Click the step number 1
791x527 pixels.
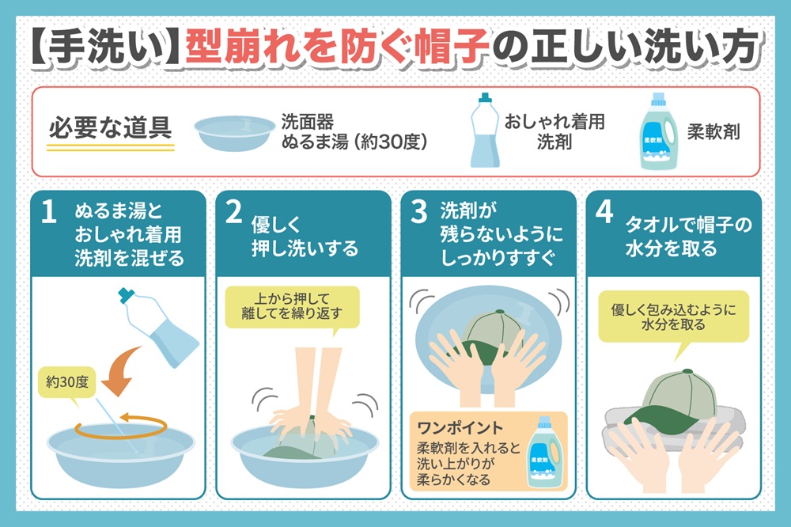click(48, 212)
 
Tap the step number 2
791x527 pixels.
click(233, 212)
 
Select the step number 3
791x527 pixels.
click(418, 212)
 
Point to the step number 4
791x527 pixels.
click(604, 212)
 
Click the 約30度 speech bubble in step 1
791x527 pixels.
click(66, 383)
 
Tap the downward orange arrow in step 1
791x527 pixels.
click(120, 371)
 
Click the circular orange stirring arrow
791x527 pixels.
click(121, 426)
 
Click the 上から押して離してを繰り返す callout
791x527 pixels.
click(292, 307)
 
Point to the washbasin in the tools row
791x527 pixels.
click(235, 133)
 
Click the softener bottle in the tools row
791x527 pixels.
click(659, 131)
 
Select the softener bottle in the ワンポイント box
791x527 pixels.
click(544, 453)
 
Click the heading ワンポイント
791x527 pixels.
click(460, 428)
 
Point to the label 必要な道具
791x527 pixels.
click(110, 127)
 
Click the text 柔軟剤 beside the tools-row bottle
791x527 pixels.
click(713, 132)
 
